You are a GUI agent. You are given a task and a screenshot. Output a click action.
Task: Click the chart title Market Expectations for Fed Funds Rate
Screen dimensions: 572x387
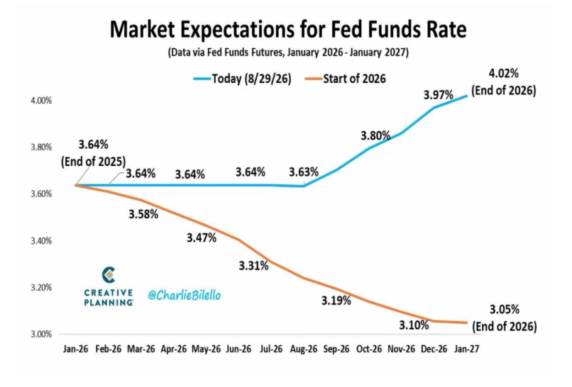[x=288, y=30]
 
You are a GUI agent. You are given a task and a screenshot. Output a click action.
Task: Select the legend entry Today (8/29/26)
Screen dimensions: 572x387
[x=242, y=79]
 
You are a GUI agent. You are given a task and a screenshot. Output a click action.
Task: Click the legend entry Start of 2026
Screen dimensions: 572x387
[x=345, y=79]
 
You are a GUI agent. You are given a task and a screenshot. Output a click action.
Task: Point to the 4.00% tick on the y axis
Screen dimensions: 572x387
[x=41, y=101]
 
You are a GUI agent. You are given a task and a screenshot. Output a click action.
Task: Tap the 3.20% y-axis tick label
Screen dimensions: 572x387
[x=41, y=288]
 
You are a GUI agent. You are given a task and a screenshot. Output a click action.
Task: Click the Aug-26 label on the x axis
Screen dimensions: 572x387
[x=304, y=349]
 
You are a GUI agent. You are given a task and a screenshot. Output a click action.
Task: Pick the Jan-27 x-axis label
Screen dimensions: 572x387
[x=466, y=349]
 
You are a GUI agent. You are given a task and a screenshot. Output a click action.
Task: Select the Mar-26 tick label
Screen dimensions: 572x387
[x=141, y=349]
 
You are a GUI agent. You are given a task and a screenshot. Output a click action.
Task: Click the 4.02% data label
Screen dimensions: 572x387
[x=504, y=74]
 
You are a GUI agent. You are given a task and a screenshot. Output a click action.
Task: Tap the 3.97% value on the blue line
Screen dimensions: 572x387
[x=439, y=95]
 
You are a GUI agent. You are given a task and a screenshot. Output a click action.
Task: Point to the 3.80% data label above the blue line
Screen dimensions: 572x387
[x=375, y=136]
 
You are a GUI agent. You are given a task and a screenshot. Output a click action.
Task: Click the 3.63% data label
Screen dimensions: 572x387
[x=304, y=172]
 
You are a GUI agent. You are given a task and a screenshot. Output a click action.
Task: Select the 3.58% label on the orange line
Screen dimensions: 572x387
[x=143, y=214]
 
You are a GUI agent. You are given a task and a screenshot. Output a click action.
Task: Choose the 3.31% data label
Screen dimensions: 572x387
[x=253, y=266]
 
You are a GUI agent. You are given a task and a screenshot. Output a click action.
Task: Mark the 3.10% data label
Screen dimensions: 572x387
[x=414, y=325]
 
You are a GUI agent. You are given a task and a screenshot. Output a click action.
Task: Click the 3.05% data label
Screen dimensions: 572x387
[x=505, y=310]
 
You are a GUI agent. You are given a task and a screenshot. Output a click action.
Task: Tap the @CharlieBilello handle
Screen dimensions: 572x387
[x=185, y=295]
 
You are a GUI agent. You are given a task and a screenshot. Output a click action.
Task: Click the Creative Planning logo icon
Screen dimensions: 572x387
[x=109, y=275]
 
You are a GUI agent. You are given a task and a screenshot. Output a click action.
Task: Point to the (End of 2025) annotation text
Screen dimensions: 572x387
[x=94, y=162]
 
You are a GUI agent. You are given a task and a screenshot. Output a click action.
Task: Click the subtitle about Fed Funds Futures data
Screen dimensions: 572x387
[x=288, y=52]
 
